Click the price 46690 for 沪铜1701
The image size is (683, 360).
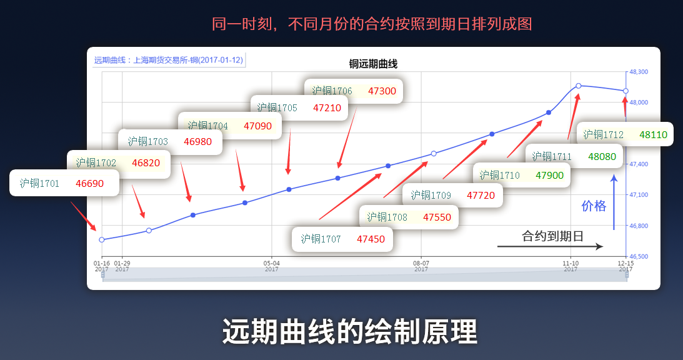[89, 184]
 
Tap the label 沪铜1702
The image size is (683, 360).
[96, 163]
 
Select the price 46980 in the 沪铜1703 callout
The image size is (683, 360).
[197, 142]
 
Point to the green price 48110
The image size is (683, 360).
[653, 134]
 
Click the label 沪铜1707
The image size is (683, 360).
[321, 239]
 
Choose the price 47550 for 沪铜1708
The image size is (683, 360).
[437, 217]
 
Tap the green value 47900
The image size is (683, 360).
[550, 176]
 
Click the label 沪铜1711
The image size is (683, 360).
[552, 156]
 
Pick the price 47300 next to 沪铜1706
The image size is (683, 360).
[382, 91]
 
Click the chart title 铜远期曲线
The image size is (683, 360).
[373, 64]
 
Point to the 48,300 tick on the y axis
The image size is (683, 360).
[639, 72]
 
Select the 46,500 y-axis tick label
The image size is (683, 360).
[639, 256]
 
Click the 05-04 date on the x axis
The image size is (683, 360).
[271, 264]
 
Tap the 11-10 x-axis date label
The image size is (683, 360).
[571, 264]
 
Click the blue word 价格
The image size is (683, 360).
[594, 206]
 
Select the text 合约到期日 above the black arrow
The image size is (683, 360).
[552, 236]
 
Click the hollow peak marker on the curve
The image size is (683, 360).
[579, 86]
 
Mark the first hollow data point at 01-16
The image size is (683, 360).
[102, 239]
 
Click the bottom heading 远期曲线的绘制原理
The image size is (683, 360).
[350, 332]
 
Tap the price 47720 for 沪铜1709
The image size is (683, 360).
[481, 196]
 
